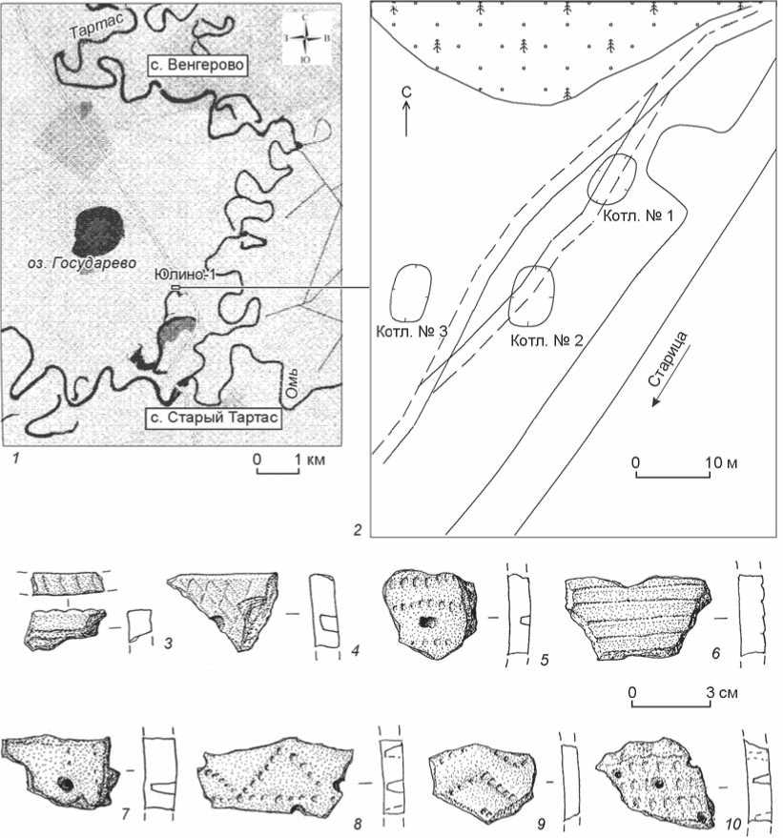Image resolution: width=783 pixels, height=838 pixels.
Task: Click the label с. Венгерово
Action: [197, 65]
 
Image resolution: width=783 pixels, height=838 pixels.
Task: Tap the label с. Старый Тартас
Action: [214, 418]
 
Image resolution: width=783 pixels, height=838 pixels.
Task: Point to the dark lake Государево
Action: [99, 231]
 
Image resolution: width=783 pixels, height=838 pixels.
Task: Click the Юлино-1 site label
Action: [184, 275]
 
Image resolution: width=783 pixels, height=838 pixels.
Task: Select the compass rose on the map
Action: [304, 37]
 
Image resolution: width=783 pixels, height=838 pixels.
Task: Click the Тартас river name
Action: [96, 26]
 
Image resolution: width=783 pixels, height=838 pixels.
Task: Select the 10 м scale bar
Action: [672, 476]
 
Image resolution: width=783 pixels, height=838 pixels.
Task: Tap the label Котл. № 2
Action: [546, 340]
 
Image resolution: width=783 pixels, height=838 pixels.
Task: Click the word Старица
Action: [669, 358]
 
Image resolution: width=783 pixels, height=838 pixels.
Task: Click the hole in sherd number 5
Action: [427, 622]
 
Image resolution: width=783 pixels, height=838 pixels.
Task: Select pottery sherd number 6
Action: [638, 617]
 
